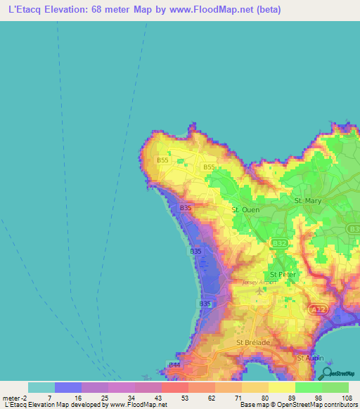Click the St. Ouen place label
[x=245, y=209]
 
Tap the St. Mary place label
[x=307, y=201]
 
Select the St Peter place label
[x=283, y=274]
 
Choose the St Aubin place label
[x=309, y=358]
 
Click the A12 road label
[x=318, y=309]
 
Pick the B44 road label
[x=174, y=365]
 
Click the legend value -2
[x=25, y=398]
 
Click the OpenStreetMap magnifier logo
[x=326, y=372]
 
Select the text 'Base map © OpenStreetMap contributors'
[x=297, y=405]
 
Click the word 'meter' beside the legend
[x=11, y=398]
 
